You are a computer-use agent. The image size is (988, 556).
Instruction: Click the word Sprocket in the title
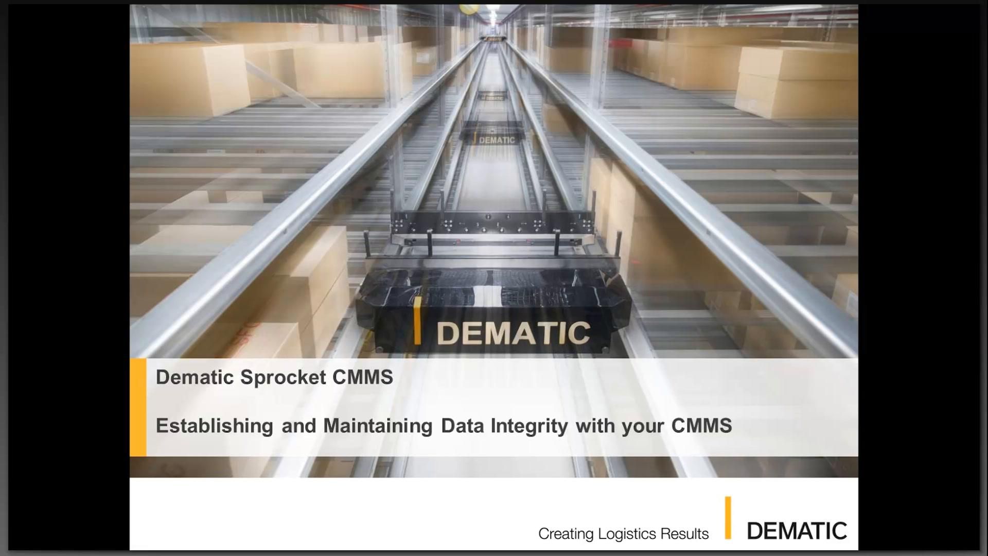click(283, 377)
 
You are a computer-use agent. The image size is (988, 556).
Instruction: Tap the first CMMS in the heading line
click(362, 377)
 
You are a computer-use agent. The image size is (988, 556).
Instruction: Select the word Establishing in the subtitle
click(214, 426)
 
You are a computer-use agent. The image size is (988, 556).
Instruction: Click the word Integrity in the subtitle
click(529, 426)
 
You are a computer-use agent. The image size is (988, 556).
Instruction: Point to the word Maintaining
click(378, 426)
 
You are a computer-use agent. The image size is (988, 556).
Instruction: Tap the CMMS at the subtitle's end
click(701, 426)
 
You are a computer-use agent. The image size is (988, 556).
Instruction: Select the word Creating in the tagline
click(566, 534)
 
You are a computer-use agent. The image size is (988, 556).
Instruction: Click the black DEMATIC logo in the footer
click(797, 531)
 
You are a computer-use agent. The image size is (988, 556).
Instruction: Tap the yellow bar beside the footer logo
click(728, 517)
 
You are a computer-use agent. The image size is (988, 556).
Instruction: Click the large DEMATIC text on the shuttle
click(513, 333)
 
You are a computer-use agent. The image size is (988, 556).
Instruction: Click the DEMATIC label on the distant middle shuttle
click(497, 140)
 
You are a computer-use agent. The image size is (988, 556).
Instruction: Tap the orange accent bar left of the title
click(138, 407)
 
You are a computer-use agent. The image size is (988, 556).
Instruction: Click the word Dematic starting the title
click(195, 377)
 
